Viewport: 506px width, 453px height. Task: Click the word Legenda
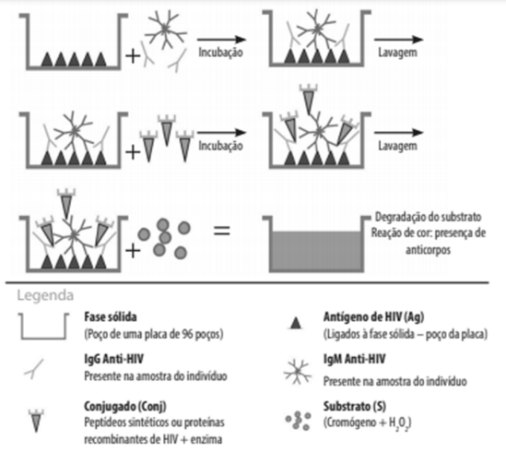pyautogui.click(x=45, y=295)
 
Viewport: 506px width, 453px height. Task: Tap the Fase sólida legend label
pyautogui.click(x=111, y=316)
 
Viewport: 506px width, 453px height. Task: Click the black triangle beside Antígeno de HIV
pyautogui.click(x=296, y=323)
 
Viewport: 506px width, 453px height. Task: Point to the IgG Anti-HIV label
pyautogui.click(x=113, y=359)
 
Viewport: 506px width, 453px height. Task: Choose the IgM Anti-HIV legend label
pyautogui.click(x=354, y=359)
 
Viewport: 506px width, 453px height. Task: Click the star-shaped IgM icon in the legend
pyautogui.click(x=298, y=372)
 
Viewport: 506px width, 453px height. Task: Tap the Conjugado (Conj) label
pyautogui.click(x=125, y=406)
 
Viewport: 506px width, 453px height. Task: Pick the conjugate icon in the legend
pyautogui.click(x=36, y=421)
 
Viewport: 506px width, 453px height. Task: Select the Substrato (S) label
pyautogui.click(x=355, y=406)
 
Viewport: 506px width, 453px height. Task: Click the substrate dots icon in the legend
pyautogui.click(x=298, y=421)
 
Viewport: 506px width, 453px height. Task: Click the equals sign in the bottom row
pyautogui.click(x=222, y=231)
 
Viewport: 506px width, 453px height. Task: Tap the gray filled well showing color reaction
pyautogui.click(x=316, y=251)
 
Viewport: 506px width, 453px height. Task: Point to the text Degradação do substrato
pyautogui.click(x=428, y=217)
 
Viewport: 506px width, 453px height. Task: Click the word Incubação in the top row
pyautogui.click(x=220, y=53)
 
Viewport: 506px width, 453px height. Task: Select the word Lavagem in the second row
pyautogui.click(x=397, y=146)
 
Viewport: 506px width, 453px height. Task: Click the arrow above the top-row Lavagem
pyautogui.click(x=398, y=40)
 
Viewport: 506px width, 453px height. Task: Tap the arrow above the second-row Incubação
pyautogui.click(x=222, y=133)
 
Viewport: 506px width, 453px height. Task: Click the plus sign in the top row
pyautogui.click(x=133, y=56)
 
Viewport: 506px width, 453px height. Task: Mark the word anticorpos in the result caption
pyautogui.click(x=428, y=250)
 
